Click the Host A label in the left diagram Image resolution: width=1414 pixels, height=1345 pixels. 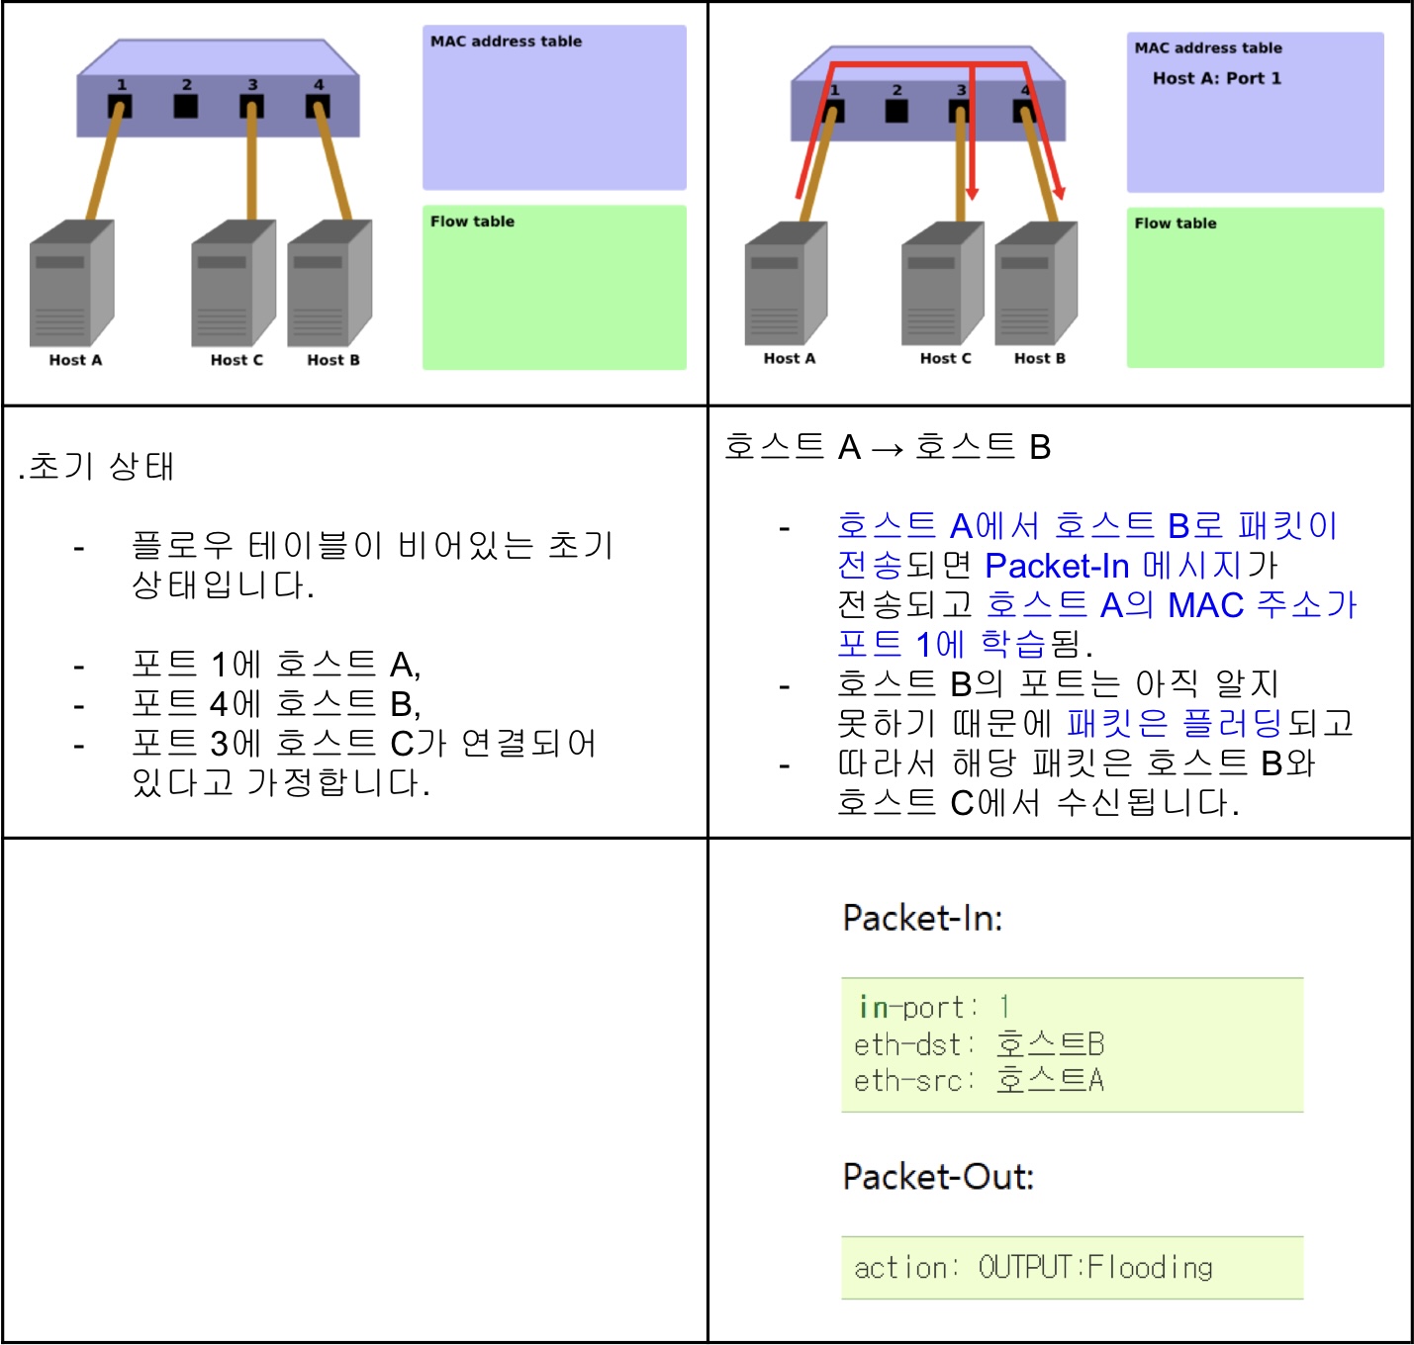pyautogui.click(x=75, y=360)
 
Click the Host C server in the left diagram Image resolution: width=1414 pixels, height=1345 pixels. pyautogui.click(x=234, y=284)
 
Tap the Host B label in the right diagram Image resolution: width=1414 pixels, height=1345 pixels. pyautogui.click(x=1039, y=358)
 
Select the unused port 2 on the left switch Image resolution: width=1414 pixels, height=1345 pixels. pyautogui.click(x=186, y=105)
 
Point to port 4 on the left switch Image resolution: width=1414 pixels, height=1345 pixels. pyautogui.click(x=318, y=105)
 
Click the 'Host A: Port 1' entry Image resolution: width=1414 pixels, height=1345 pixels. pyautogui.click(x=1216, y=78)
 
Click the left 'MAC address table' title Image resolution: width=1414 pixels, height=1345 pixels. pyautogui.click(x=506, y=42)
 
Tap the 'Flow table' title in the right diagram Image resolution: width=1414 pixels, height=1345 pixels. pyautogui.click(x=1175, y=224)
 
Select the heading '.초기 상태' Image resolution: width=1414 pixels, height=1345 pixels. pyautogui.click(x=97, y=466)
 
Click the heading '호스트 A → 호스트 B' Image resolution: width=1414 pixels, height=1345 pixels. pyautogui.click(x=887, y=447)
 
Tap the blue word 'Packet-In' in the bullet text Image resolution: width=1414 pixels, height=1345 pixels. pyautogui.click(x=1057, y=566)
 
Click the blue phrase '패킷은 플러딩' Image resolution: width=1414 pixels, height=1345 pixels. pyautogui.click(x=1175, y=723)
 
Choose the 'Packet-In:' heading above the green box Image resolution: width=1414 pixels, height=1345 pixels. pyautogui.click(x=922, y=918)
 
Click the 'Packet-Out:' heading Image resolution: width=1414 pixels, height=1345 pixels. pyautogui.click(x=938, y=1177)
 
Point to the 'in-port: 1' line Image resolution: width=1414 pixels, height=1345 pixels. pyautogui.click(x=933, y=1008)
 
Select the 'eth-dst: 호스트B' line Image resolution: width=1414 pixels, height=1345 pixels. pyautogui.click(x=979, y=1044)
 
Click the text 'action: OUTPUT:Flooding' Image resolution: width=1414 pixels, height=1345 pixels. pyautogui.click(x=1033, y=1268)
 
